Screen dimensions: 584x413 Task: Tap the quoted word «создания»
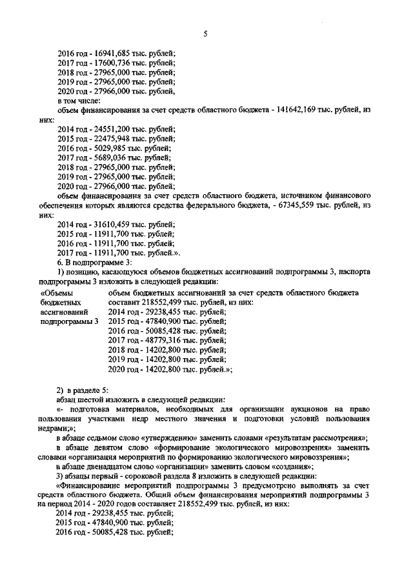coord(294,465)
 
